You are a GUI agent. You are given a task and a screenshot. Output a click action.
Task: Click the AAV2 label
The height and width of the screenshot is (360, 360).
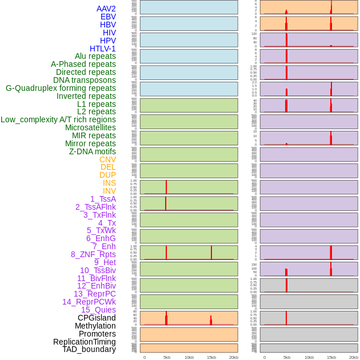(106, 9)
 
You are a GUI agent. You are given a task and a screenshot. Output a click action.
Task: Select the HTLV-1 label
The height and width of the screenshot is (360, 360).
(102, 49)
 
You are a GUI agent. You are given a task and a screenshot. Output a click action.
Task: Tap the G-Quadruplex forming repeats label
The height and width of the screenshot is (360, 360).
(61, 88)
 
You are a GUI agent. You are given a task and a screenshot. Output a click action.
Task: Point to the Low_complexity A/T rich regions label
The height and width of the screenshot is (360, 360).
(58, 119)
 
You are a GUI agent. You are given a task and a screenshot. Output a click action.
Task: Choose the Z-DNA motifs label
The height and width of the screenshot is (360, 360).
(92, 151)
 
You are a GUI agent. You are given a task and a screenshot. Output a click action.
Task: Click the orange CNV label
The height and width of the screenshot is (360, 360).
(107, 159)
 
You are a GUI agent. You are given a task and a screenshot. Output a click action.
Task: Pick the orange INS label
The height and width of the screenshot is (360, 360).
(109, 183)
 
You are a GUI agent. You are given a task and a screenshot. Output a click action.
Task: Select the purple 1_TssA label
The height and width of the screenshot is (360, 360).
(103, 199)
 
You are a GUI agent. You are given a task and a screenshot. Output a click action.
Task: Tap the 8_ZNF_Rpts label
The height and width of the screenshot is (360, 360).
(93, 254)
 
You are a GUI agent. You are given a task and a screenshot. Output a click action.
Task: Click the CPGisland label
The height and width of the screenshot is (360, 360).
(97, 318)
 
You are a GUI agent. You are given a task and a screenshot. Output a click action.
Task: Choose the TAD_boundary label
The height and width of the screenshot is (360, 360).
(89, 349)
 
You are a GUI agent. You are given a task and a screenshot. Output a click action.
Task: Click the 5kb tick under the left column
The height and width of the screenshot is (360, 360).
(167, 357)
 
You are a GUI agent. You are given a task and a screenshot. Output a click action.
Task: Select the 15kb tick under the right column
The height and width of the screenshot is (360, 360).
(331, 357)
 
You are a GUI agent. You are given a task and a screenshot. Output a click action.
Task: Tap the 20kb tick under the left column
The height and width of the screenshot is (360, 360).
(234, 357)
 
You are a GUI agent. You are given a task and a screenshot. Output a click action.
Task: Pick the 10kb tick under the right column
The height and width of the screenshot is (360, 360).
(309, 357)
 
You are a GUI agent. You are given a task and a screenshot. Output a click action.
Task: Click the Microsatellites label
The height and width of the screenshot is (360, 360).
(90, 127)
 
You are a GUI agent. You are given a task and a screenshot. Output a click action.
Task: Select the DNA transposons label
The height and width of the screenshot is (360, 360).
(85, 80)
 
